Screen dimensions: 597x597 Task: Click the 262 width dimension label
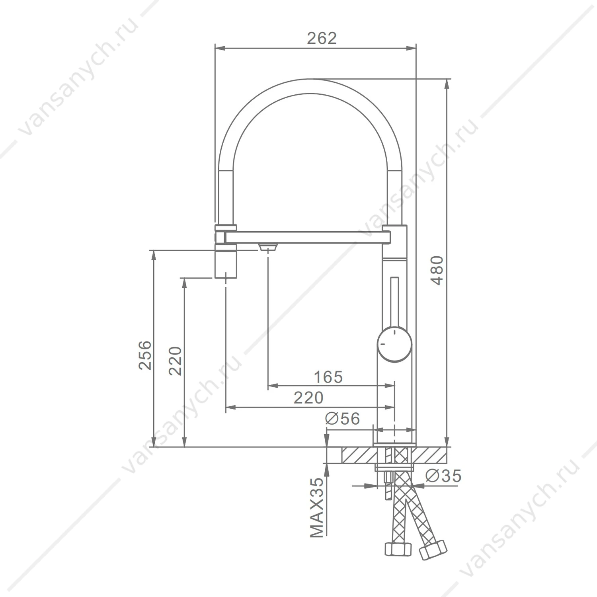pos(322,38)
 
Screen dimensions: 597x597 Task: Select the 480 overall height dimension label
pos(437,270)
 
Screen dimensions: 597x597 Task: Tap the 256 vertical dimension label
pos(145,355)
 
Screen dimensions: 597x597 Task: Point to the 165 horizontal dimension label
pos(328,377)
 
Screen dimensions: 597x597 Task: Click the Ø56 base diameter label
pos(342,418)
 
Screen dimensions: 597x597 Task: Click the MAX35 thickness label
pos(317,508)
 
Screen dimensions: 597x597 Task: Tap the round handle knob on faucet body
pos(394,344)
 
